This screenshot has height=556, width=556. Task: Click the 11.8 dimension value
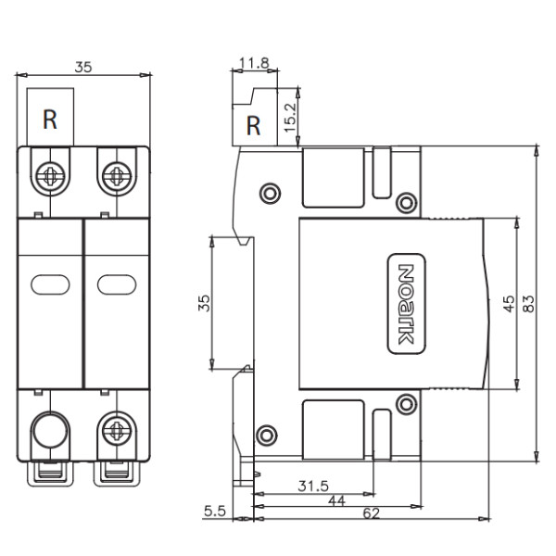coord(253,64)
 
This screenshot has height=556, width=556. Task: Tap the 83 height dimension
coord(529,303)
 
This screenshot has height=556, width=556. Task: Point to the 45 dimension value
coord(508,303)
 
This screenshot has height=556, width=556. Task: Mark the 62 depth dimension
coord(371,512)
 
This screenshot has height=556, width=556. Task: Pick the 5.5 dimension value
coord(213,511)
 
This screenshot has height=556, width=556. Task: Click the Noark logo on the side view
coord(404,304)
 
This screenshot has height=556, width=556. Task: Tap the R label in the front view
coord(51,119)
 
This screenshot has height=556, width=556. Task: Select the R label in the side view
coord(253,125)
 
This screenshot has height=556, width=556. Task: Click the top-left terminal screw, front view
coord(51,172)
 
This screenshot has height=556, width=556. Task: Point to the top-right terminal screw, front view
coord(116,172)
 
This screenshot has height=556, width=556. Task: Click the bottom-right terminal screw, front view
coord(116,429)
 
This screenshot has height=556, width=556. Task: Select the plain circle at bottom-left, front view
coord(51,429)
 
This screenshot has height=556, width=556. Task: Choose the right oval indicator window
coord(116,284)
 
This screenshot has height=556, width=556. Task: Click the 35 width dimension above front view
coord(83,67)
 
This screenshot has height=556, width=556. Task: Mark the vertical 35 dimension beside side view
coord(205,303)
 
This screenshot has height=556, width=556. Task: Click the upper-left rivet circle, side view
coord(269,193)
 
